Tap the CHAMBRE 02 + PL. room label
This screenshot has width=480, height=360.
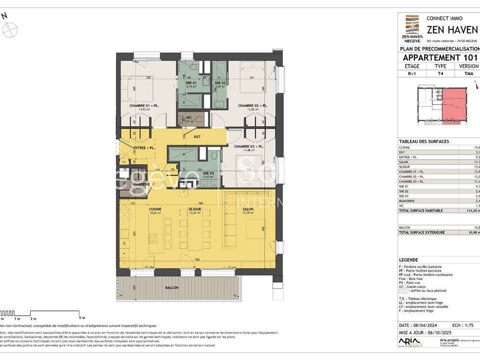pos(253,105)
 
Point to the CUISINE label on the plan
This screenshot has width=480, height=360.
pos(155,209)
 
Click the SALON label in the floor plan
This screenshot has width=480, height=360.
pos(248,209)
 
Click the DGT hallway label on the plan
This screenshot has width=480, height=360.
pos(197,136)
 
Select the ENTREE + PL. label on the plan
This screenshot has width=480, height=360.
pos(144,148)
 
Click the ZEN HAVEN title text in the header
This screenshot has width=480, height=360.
pos(452,29)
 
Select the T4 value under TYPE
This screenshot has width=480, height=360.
pos(440,73)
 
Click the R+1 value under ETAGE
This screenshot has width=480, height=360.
pos(412,73)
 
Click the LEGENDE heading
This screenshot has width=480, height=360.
pos(409,260)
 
